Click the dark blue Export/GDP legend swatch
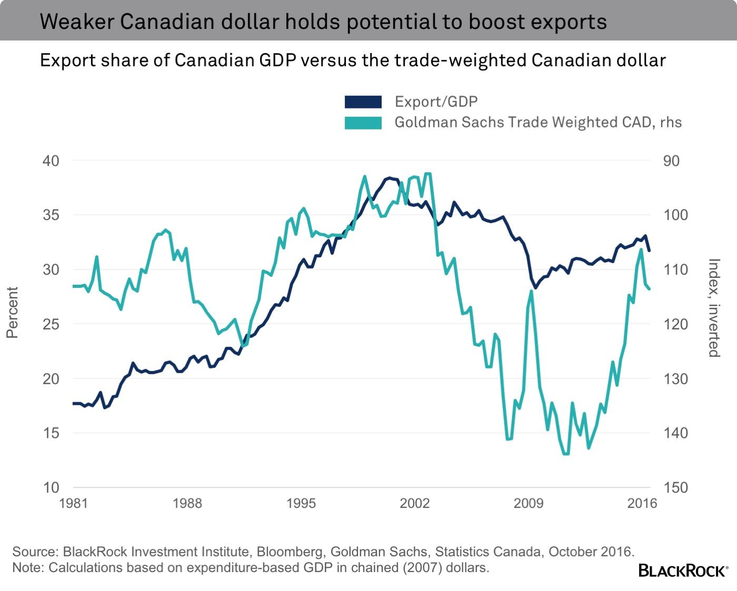[363, 102]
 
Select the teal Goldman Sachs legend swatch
[363, 123]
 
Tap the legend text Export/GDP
[436, 102]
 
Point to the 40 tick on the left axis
[51, 161]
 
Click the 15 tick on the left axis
[51, 433]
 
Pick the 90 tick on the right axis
[671, 161]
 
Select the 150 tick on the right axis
[675, 487]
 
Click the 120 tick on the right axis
[675, 324]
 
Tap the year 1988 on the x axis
[187, 504]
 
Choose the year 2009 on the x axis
[528, 504]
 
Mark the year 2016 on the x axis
[642, 504]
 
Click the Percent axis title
[12, 312]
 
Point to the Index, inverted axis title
[713, 308]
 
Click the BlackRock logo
[683, 570]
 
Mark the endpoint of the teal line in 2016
[649, 288]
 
